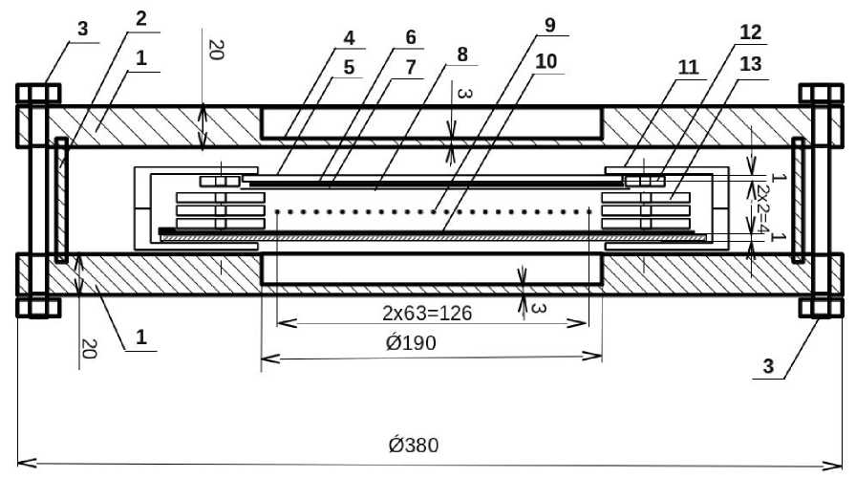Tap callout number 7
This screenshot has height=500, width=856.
(x=411, y=68)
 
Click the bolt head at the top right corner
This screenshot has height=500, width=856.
(x=821, y=93)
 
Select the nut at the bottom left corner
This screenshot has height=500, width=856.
(x=38, y=307)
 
